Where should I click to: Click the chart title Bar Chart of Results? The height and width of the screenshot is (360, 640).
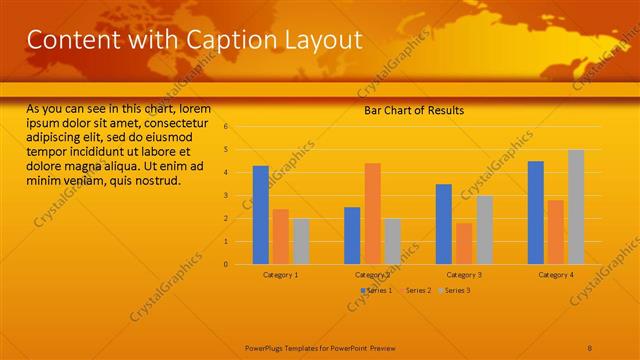coord(413,111)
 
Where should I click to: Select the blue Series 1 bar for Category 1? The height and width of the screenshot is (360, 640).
coord(260,215)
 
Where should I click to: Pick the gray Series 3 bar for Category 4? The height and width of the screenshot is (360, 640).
coord(576,207)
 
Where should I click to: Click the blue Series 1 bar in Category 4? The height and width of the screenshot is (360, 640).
coord(536,212)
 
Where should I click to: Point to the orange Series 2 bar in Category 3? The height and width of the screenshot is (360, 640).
coord(464,243)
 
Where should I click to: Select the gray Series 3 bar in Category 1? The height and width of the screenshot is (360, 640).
coord(301,241)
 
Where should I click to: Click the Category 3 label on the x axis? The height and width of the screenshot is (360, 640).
coord(464,274)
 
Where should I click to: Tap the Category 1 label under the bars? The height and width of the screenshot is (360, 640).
coord(280,274)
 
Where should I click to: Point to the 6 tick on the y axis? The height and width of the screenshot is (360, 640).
coord(227,127)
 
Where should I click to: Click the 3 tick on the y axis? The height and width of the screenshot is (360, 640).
coord(227,196)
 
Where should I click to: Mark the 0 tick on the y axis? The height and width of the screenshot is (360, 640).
coord(227,265)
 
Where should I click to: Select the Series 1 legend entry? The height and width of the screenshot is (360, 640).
coord(377,290)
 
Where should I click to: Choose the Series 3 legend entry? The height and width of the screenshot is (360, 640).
coord(455,290)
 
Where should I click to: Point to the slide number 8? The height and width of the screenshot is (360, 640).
coord(590,347)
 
